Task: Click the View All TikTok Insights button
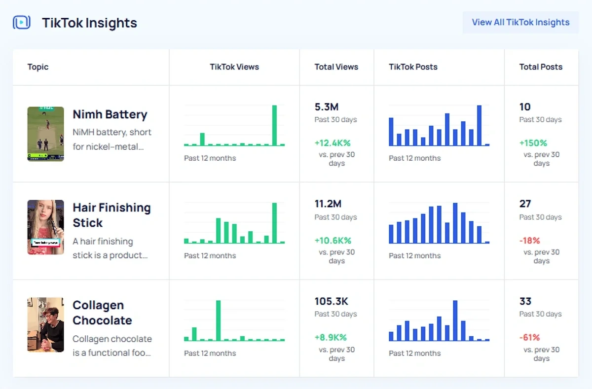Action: [x=520, y=22]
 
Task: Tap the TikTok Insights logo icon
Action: [x=22, y=22]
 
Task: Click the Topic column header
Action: [x=38, y=67]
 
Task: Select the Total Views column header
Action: [x=336, y=67]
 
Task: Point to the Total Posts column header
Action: [x=541, y=67]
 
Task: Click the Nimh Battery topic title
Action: [x=110, y=114]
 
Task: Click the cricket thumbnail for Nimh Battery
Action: [x=45, y=134]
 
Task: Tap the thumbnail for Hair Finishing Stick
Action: [x=45, y=227]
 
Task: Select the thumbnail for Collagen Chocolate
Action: [x=45, y=324]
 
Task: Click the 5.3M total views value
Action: [x=327, y=107]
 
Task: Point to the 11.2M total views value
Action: [x=328, y=204]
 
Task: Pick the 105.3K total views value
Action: [x=332, y=301]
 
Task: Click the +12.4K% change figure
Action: [x=333, y=143]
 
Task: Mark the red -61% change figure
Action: [x=529, y=338]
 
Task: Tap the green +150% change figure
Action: [x=533, y=143]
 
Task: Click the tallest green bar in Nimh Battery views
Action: [x=275, y=125]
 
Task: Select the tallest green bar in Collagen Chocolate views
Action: [x=219, y=320]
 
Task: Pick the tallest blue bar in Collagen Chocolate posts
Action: [x=455, y=320]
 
